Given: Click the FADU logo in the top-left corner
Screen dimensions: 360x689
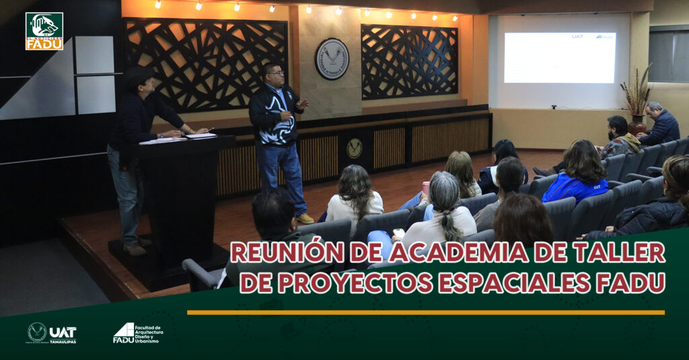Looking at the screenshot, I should (x=44, y=31).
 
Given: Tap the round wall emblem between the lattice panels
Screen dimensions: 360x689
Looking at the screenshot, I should (x=332, y=59).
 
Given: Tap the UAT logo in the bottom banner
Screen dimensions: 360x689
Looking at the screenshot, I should (x=52, y=332).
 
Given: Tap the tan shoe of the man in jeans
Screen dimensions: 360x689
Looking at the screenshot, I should (x=305, y=218).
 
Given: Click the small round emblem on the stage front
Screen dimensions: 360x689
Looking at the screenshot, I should (x=354, y=148).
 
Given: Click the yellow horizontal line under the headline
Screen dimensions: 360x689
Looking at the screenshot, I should (x=425, y=312).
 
